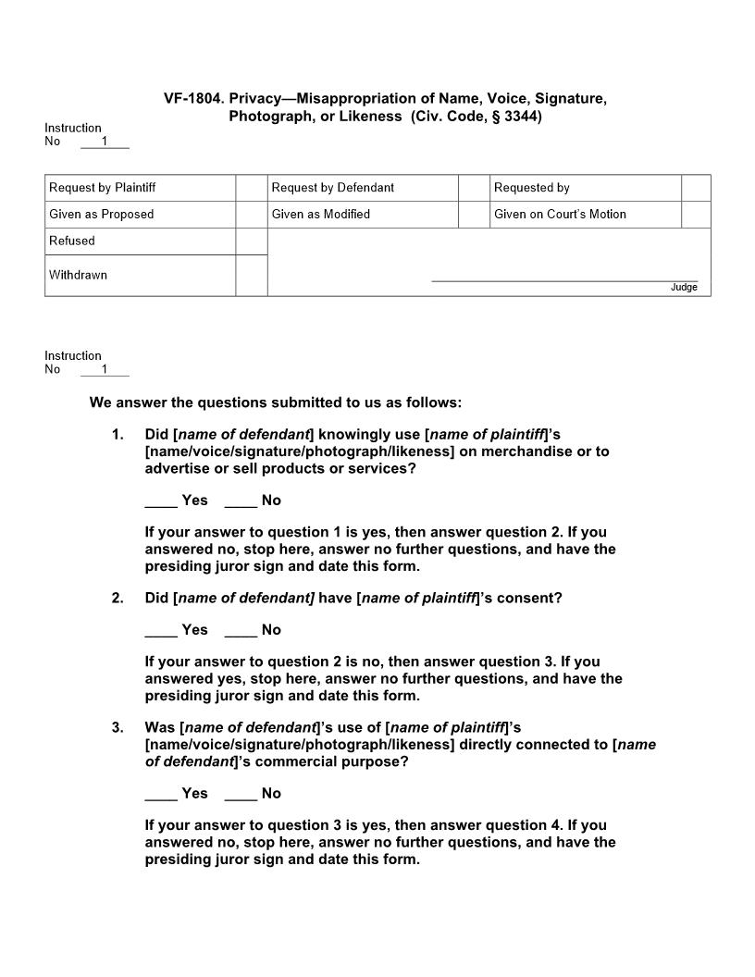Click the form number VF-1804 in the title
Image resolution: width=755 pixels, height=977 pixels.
(x=193, y=98)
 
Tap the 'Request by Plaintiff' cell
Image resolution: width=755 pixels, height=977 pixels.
(x=103, y=188)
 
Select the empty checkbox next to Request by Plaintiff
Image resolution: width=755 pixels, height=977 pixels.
(x=251, y=188)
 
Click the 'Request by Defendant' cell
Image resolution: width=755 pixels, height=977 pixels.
(x=333, y=188)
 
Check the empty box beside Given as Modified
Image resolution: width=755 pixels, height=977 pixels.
(x=473, y=215)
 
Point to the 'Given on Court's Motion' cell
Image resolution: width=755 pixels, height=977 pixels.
(x=560, y=215)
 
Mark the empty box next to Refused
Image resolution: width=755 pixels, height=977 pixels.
(x=251, y=241)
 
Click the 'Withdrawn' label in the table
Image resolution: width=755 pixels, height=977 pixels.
(x=78, y=275)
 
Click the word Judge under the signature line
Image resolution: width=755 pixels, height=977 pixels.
(x=684, y=288)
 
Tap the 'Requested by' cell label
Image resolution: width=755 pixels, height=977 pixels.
(x=532, y=188)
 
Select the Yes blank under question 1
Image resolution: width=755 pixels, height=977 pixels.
(x=161, y=501)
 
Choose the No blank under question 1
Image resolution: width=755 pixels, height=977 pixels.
(x=241, y=501)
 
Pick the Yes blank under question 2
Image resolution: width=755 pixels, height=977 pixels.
(x=161, y=631)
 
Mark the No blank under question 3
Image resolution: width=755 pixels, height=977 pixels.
(x=241, y=795)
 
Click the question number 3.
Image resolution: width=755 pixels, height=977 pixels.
(x=118, y=727)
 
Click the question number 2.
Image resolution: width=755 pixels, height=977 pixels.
(x=118, y=598)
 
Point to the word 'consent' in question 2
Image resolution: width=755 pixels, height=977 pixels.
(x=527, y=598)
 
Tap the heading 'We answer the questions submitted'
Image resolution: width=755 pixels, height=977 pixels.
(x=275, y=402)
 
